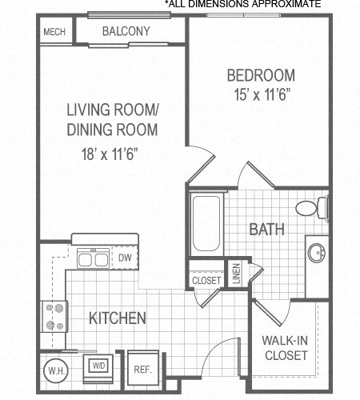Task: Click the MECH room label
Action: [54, 32]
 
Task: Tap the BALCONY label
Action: [126, 31]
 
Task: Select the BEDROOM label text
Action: [261, 76]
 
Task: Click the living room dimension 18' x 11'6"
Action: [111, 154]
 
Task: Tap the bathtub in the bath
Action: [208, 224]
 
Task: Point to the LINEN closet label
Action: [237, 273]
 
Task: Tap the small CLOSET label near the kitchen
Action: [207, 281]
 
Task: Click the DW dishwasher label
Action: [125, 258]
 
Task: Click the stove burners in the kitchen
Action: [54, 317]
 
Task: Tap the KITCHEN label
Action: [117, 318]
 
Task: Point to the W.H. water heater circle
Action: [56, 370]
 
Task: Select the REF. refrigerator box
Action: [142, 370]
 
